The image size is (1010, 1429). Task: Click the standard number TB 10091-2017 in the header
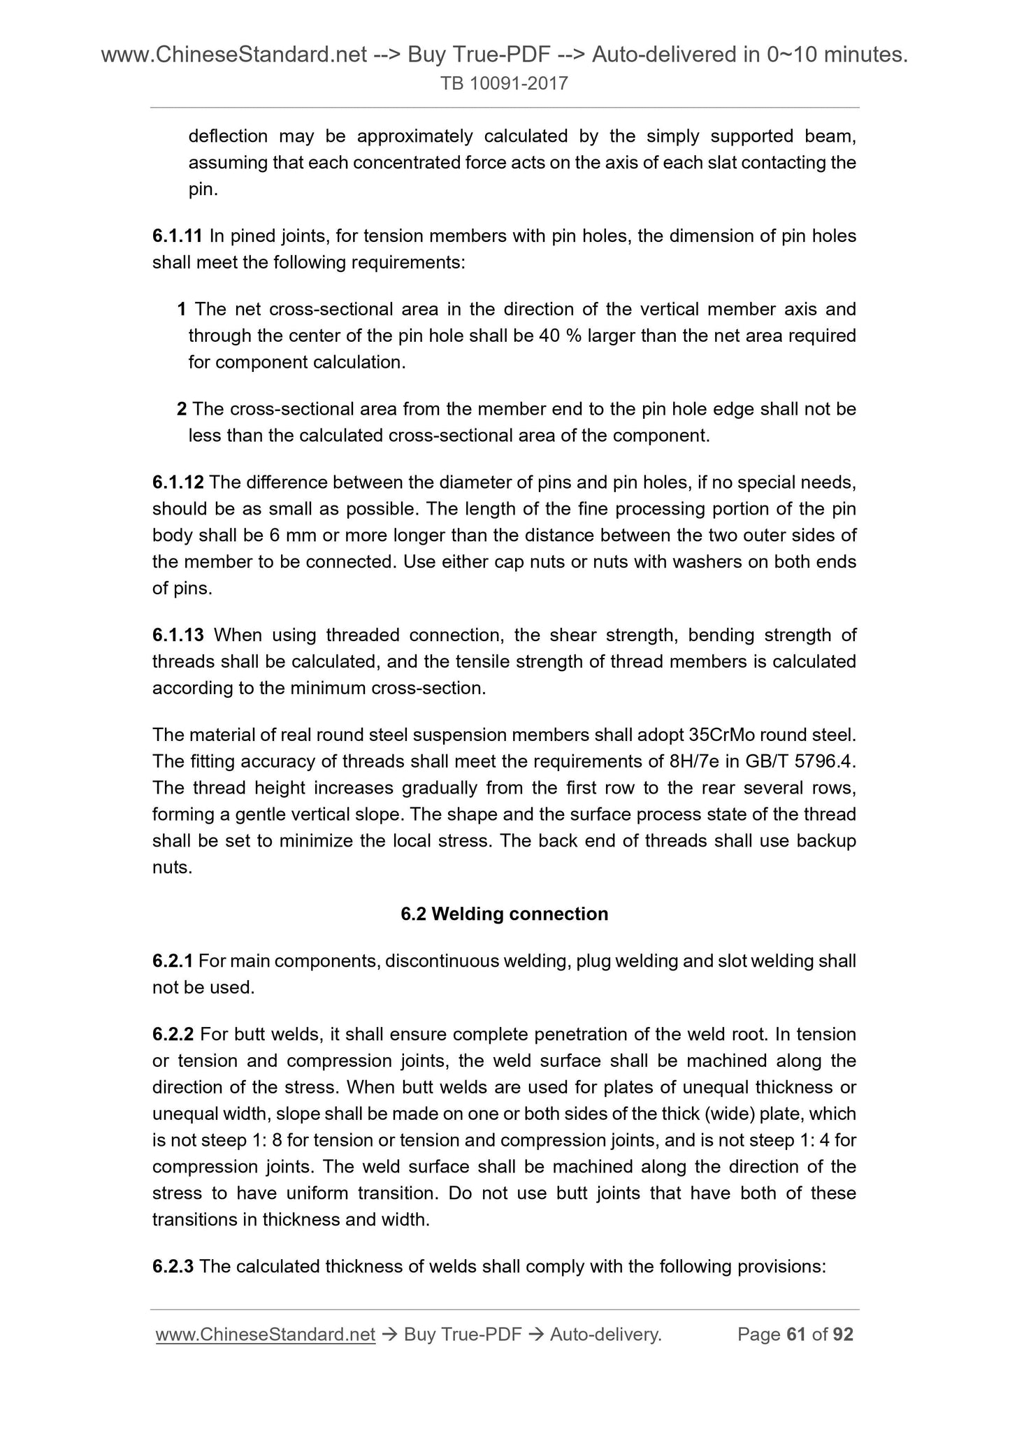tap(504, 84)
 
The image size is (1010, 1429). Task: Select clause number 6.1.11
tap(178, 236)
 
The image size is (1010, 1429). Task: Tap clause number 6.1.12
tap(178, 482)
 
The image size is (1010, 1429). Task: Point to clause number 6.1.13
tap(178, 635)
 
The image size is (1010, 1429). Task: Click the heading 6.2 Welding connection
tap(504, 914)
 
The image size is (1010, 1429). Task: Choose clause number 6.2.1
tap(173, 961)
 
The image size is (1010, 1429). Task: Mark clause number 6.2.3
tap(173, 1266)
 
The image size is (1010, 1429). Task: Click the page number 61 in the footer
tap(795, 1335)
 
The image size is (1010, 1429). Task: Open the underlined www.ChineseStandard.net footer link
tap(266, 1335)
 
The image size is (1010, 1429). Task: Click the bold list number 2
tap(181, 408)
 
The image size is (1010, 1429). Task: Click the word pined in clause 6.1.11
tap(253, 236)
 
